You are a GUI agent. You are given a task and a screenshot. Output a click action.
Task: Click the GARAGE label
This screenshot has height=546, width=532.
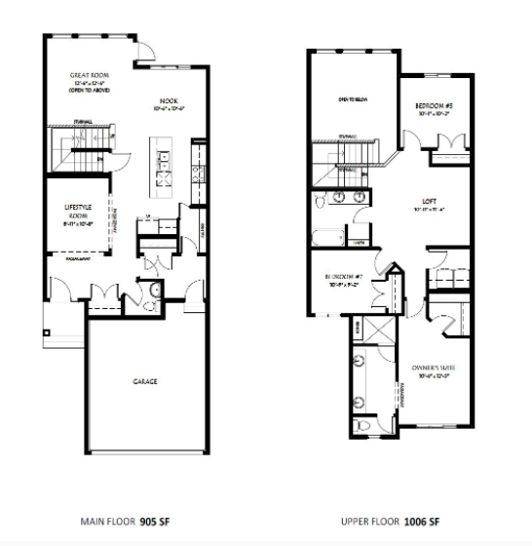click(x=147, y=380)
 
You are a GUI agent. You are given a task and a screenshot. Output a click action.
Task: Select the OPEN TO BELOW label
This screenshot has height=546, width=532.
click(x=352, y=99)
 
